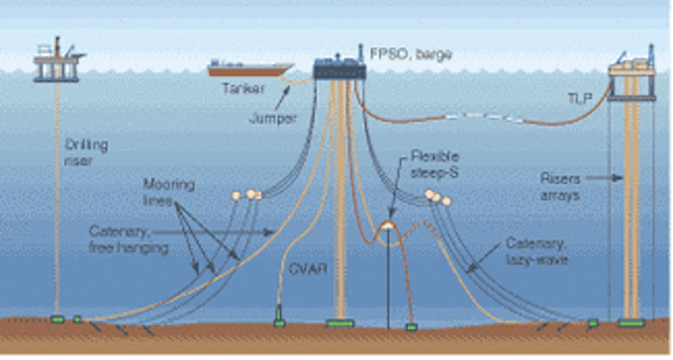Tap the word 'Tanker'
point(244,89)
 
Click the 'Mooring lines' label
point(160,192)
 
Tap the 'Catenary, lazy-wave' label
point(536,251)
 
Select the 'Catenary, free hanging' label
point(128,238)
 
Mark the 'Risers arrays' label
point(560,186)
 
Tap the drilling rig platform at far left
point(58,62)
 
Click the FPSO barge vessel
point(339,67)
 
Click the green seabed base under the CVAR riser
point(279,323)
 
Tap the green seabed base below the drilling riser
point(57,318)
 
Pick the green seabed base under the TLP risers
point(631,323)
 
